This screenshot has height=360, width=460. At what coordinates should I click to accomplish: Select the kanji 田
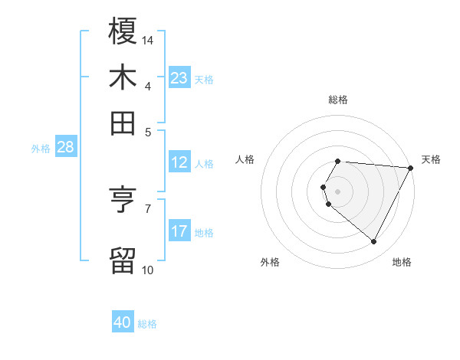click(123, 123)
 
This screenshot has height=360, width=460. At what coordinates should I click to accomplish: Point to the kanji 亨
click(123, 201)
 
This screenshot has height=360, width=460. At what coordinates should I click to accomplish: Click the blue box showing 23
click(179, 78)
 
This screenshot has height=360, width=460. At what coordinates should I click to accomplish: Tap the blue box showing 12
click(179, 162)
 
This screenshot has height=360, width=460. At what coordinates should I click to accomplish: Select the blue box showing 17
click(179, 231)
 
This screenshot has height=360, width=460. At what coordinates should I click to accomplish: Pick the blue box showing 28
click(65, 148)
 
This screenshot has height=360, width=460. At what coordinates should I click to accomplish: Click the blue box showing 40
click(123, 322)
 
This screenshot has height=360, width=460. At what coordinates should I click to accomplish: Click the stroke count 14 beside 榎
click(148, 39)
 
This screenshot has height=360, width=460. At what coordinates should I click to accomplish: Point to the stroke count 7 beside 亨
click(148, 208)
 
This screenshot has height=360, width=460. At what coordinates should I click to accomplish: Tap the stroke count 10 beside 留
click(147, 269)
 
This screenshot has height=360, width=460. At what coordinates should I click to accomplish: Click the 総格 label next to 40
click(147, 324)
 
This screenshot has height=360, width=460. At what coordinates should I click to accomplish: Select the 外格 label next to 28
click(41, 149)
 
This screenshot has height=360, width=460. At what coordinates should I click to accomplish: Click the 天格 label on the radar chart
click(431, 159)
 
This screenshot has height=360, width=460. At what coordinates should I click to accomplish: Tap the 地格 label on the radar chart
click(402, 262)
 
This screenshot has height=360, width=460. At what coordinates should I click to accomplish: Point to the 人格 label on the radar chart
click(245, 159)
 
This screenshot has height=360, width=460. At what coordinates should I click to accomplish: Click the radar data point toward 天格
click(410, 168)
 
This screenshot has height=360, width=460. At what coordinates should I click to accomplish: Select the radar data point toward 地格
click(373, 242)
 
